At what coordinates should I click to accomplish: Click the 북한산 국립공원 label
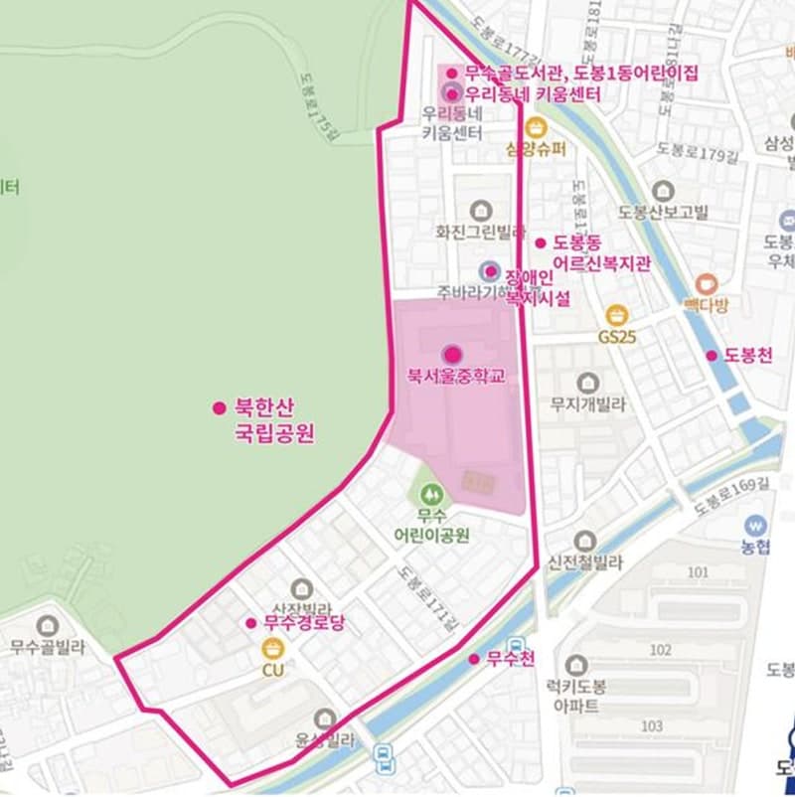(x=272, y=419)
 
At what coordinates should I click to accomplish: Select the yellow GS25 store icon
(x=616, y=315)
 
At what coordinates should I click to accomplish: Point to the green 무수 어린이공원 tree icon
(x=429, y=493)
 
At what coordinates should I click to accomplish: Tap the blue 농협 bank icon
(x=755, y=525)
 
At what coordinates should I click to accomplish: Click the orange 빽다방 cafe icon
(x=707, y=282)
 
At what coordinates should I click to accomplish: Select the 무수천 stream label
(x=511, y=658)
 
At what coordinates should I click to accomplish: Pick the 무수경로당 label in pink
(x=302, y=623)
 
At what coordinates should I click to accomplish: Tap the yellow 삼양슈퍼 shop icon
(x=536, y=128)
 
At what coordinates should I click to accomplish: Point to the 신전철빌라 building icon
(x=584, y=541)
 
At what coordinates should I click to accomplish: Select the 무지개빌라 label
(x=588, y=404)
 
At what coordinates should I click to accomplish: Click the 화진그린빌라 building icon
(x=481, y=210)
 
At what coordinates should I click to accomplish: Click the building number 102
(x=660, y=649)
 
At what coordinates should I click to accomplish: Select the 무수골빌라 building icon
(x=46, y=626)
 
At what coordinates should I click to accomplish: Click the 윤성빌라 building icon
(x=324, y=717)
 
